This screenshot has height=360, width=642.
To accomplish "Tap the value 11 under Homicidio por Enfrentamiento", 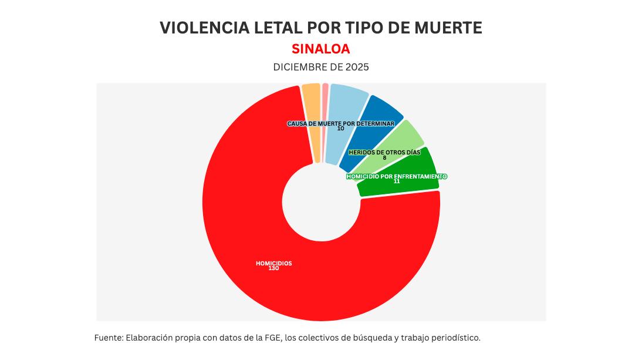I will point(397,181).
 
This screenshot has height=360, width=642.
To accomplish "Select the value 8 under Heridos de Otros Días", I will point(384,157).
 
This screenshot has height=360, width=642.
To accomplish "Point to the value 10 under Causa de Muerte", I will point(341,129).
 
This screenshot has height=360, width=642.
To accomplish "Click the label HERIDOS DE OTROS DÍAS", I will point(384,152).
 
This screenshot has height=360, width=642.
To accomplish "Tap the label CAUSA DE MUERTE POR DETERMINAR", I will point(340,123).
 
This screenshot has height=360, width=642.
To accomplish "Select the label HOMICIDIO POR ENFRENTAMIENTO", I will point(397,176).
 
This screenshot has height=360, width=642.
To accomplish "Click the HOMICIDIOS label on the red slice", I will point(273,263).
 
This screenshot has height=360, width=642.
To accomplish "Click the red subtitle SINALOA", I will point(320,48).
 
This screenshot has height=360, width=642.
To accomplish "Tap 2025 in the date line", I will point(357,67).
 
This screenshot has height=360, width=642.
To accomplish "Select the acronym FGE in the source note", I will point(271,338).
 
